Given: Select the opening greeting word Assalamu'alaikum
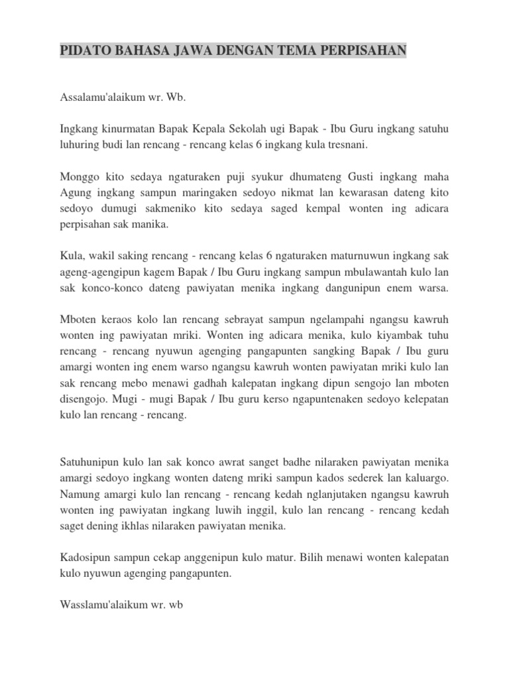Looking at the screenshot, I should pos(100,97).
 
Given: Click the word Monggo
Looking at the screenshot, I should pos(79,177).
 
